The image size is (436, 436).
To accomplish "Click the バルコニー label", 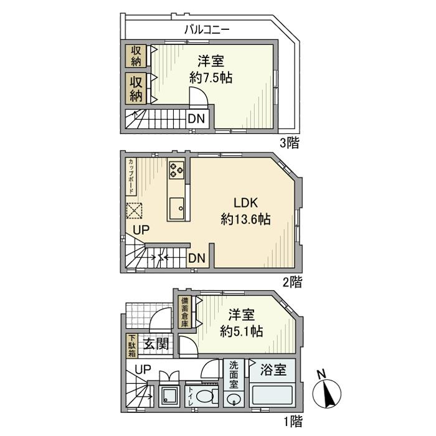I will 207,29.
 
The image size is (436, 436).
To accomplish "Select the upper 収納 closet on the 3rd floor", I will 136,55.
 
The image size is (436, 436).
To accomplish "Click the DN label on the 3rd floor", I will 195,118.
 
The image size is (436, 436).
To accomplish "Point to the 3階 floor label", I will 289,143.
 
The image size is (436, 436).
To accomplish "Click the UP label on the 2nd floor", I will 141,230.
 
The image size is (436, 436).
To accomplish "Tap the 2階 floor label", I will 291,282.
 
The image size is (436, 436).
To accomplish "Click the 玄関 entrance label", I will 155,343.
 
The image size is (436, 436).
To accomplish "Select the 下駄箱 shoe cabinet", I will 132,346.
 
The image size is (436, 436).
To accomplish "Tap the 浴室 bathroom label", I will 273,370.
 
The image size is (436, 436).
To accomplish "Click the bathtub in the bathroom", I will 273,396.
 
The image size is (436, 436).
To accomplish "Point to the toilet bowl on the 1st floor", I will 205,396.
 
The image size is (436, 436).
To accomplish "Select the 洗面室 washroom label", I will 233,375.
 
